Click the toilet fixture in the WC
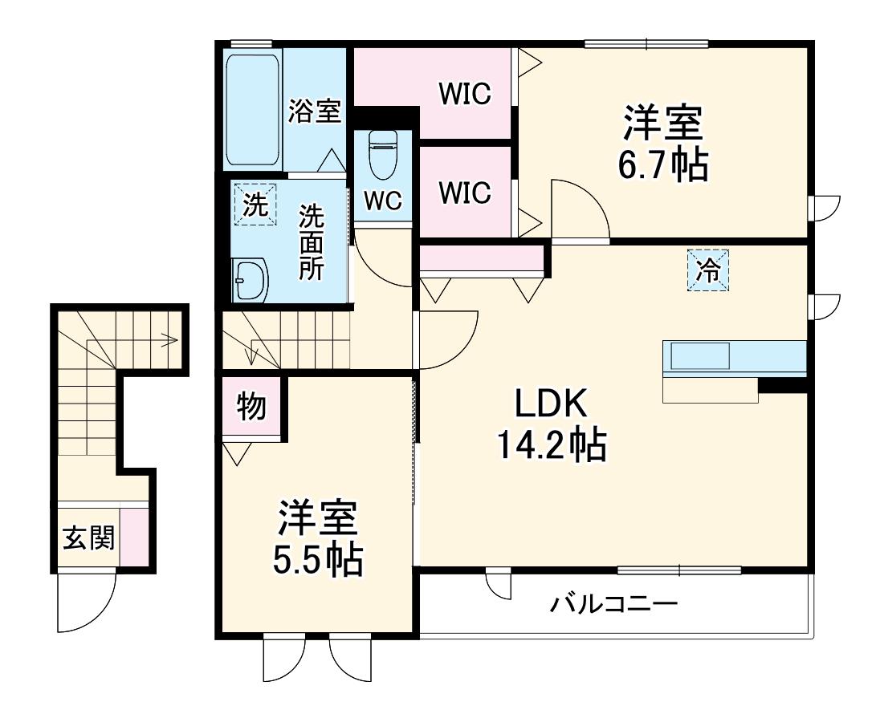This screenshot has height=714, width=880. (383, 153)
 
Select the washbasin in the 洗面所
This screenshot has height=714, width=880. (251, 279)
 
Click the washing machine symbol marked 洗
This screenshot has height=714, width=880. (255, 204)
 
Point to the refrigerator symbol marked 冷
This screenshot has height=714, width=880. (708, 271)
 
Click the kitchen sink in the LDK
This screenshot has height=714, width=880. (700, 355)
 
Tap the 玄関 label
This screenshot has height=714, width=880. (88, 538)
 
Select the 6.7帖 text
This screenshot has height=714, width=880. (662, 164)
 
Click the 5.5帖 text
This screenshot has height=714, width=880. (318, 559)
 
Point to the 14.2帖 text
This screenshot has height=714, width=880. (551, 444)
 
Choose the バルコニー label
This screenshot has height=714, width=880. (614, 604)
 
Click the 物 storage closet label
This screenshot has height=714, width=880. (251, 406)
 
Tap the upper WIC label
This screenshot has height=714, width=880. (465, 94)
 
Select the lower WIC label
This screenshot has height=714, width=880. (465, 193)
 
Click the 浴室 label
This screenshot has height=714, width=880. (314, 111)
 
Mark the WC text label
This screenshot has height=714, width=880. (383, 201)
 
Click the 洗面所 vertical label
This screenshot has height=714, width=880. (311, 242)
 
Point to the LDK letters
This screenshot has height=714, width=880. (551, 404)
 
